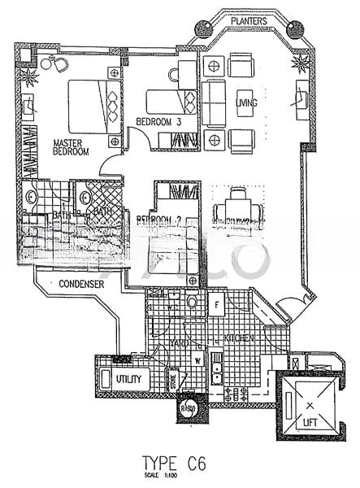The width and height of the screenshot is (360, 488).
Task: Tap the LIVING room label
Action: (x=247, y=103)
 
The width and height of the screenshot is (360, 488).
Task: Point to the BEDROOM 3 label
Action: (x=158, y=122)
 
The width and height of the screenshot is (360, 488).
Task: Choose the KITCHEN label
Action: (x=241, y=338)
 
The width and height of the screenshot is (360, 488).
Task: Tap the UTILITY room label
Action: (x=128, y=380)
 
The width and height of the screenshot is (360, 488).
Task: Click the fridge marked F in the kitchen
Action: (x=218, y=306)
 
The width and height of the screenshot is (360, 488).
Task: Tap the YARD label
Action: (x=178, y=344)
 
